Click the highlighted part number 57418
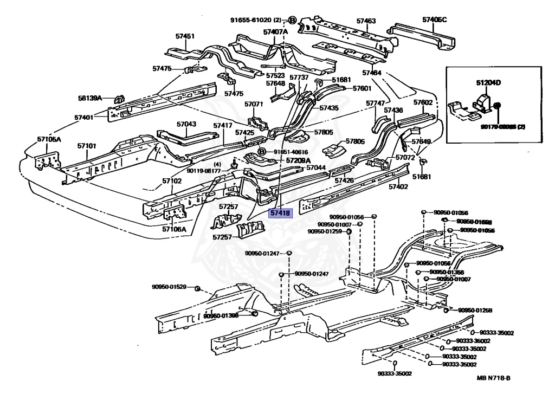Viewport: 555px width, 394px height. point(281,214)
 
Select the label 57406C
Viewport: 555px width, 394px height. point(435,20)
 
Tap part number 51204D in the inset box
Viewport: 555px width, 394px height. point(488,83)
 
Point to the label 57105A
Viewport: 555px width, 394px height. point(49,139)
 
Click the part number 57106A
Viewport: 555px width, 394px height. point(174,229)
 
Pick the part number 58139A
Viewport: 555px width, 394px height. point(89,98)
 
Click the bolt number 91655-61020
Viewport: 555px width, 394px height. point(249,20)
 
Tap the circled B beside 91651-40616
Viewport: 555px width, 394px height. point(261,152)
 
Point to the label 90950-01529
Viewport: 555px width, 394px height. point(169,287)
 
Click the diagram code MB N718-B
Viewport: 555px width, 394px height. point(494,379)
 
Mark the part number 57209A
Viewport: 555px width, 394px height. point(298,160)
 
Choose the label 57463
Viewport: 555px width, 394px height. point(366,21)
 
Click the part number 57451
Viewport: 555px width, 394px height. point(184,36)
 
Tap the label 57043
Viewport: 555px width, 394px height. point(186,124)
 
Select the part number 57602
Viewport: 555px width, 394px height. point(423,102)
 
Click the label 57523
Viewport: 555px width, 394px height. point(275,76)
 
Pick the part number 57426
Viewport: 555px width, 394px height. point(344,180)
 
